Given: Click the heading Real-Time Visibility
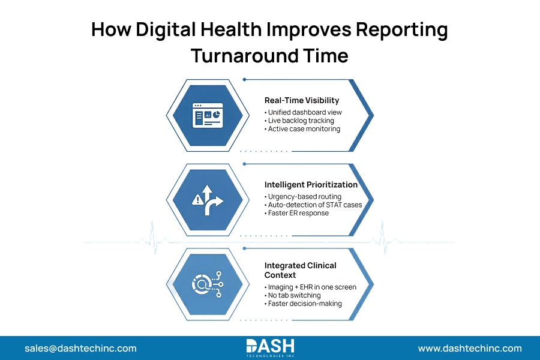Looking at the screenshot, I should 302,100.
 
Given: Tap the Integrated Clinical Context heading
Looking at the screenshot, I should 301,269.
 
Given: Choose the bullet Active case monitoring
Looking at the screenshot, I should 302,128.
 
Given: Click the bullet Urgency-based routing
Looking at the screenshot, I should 303,197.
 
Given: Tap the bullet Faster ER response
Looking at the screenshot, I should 296,213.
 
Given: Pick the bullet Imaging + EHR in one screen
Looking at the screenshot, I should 310,287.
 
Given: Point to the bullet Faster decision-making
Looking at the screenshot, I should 303,303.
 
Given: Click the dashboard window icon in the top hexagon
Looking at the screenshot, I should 207,115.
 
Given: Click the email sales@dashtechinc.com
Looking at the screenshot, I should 80,348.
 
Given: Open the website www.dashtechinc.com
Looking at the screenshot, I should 470,348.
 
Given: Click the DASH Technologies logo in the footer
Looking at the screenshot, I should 270,347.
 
